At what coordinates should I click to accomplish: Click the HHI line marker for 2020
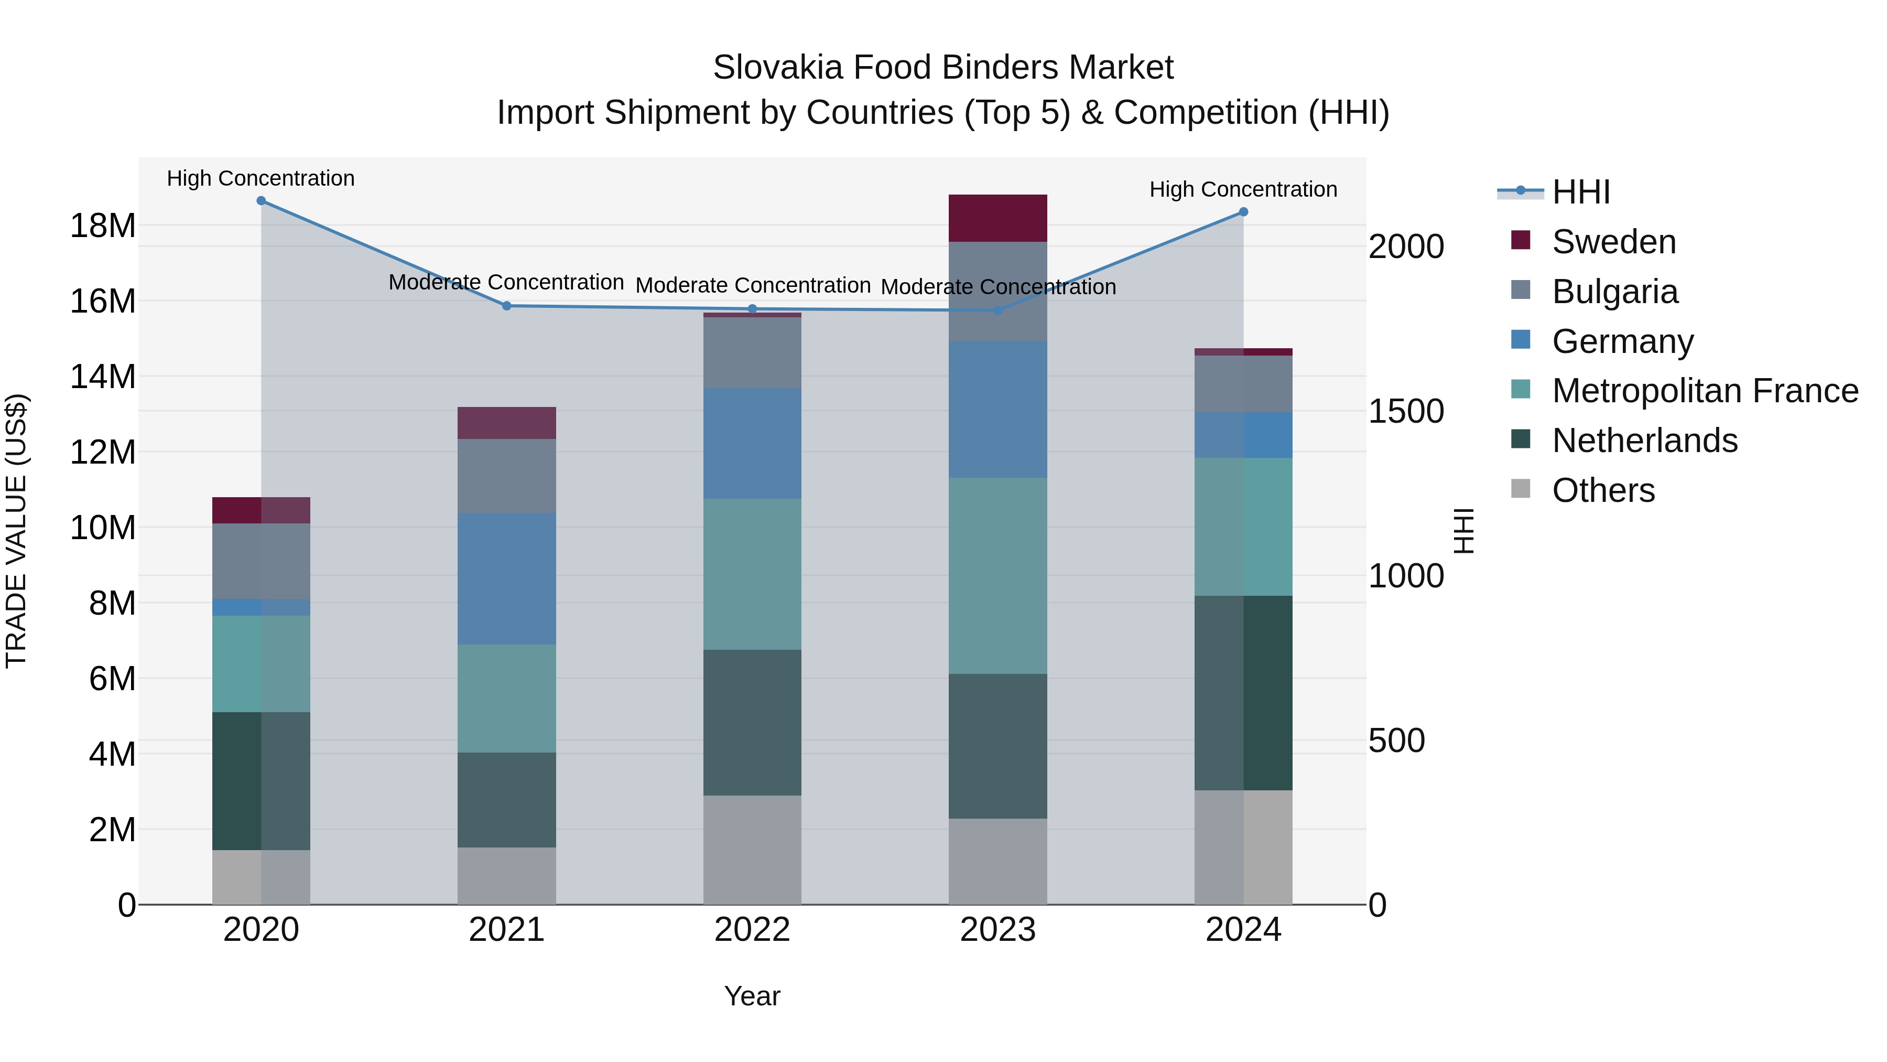tap(261, 201)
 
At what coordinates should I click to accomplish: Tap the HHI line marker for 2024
tap(1243, 212)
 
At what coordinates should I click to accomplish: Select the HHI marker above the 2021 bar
tap(506, 306)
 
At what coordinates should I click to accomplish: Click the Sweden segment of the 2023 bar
tap(997, 218)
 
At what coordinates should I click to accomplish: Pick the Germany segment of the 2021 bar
tap(506, 578)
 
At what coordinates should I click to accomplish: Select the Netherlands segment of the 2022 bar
tap(752, 722)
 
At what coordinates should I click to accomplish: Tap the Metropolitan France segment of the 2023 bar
tap(997, 575)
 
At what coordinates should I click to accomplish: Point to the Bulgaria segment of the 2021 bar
tap(506, 476)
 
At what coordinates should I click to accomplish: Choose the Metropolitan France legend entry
tap(1705, 391)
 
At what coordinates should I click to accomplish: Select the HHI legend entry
tap(1581, 192)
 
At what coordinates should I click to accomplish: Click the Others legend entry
tap(1603, 490)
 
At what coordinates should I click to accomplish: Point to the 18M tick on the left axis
tap(103, 226)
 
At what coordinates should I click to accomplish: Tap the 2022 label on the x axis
tap(752, 930)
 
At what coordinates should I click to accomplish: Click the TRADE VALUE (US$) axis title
tap(16, 531)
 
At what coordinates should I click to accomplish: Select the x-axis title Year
tap(752, 996)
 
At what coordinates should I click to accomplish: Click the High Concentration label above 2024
tap(1243, 189)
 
